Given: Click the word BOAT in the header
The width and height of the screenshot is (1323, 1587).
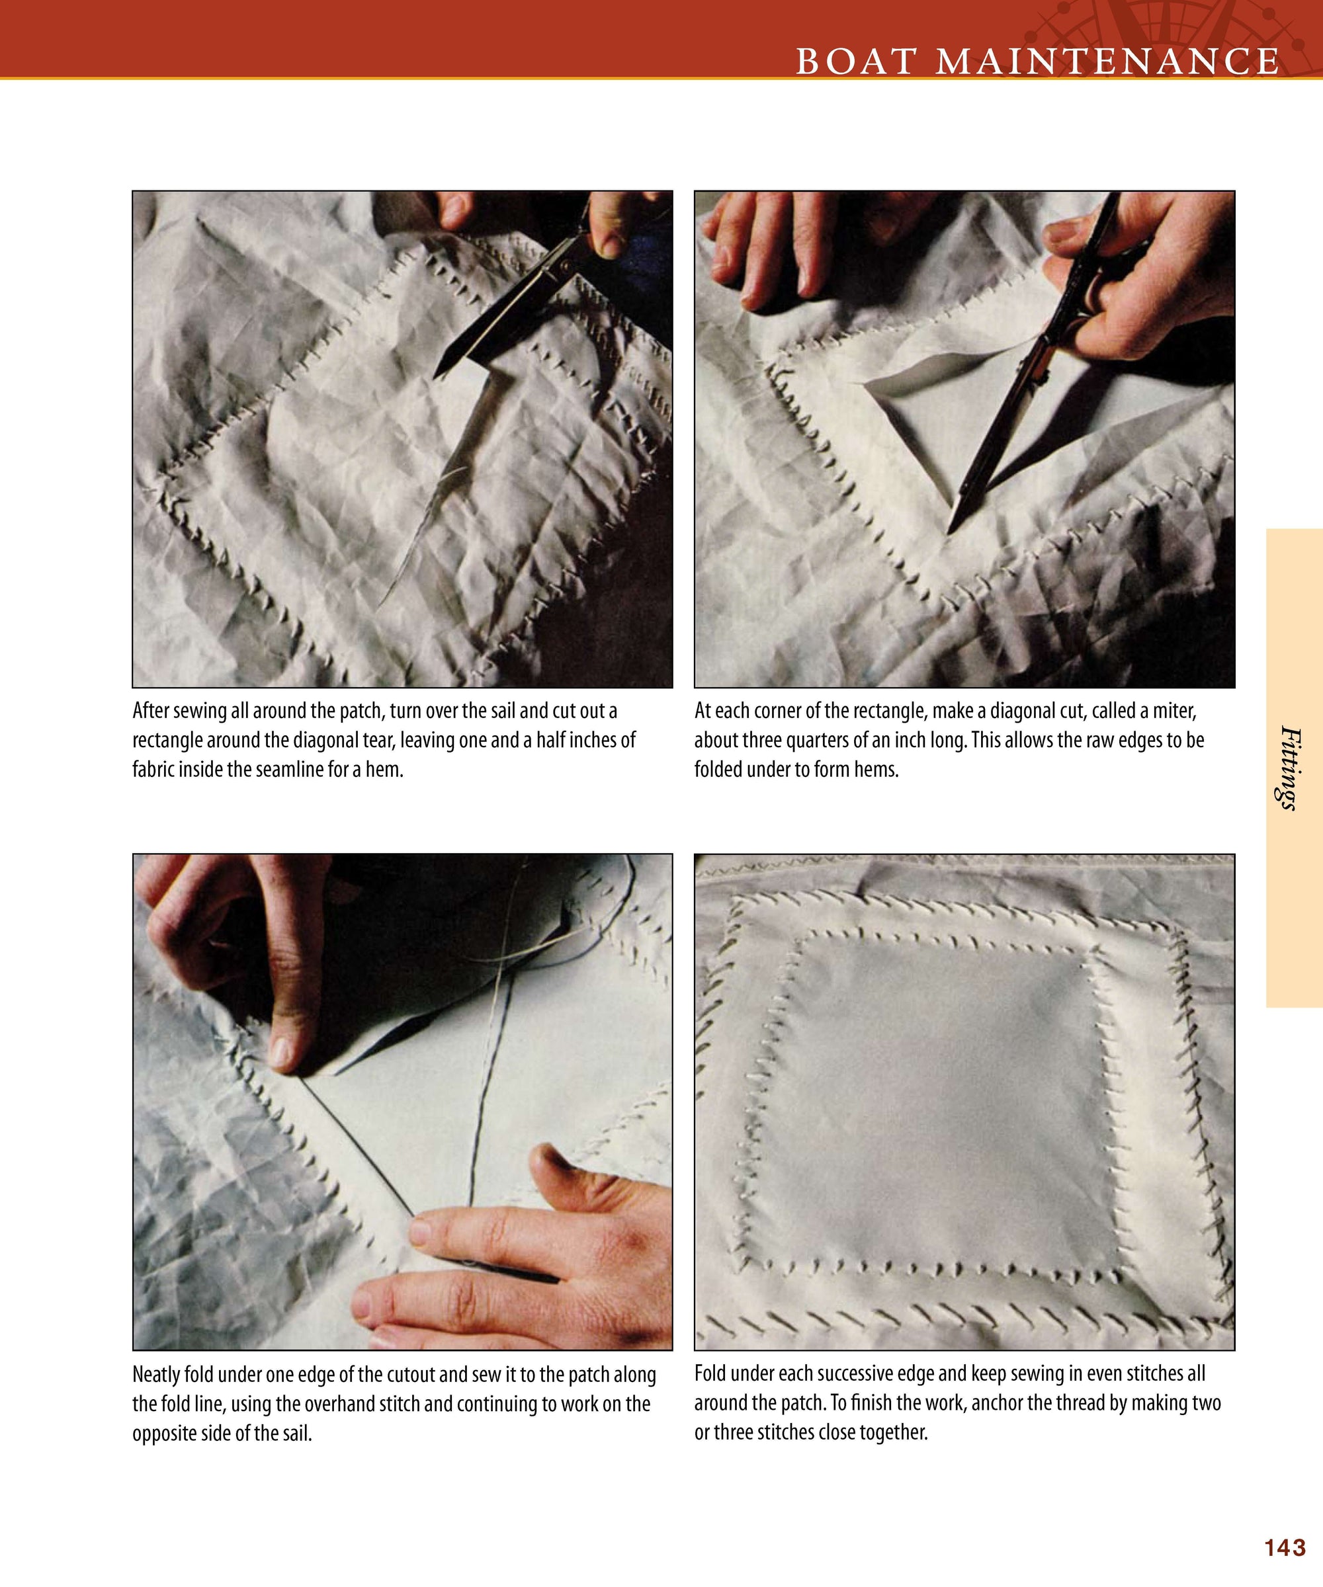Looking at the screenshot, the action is click(857, 61).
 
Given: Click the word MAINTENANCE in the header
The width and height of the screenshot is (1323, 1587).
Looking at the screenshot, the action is click(1107, 61).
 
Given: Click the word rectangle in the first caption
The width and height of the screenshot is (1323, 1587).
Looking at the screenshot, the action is click(168, 741).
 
